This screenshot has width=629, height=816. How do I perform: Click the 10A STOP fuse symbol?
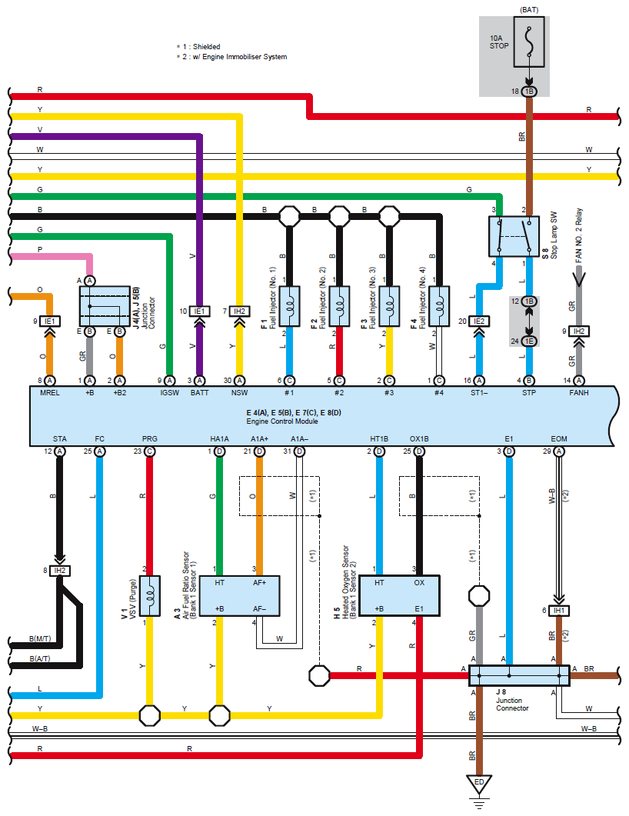coord(529,42)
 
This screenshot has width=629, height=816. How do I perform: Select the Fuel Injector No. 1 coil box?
coord(290,306)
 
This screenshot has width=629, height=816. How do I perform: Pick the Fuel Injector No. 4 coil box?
coord(439,306)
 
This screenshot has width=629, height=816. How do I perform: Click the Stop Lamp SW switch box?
coord(514,236)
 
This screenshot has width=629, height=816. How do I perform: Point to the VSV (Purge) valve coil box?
coord(150,596)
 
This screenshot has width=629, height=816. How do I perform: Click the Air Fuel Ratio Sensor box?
coord(239,596)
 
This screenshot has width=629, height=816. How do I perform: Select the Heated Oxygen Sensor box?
coord(400,596)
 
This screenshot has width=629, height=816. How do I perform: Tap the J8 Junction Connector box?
coord(519,675)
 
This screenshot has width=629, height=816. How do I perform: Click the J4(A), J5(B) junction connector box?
coord(105,306)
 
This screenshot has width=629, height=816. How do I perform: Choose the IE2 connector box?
coord(479,321)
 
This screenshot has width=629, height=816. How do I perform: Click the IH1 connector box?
coord(559,611)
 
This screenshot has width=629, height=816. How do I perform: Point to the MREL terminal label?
coord(50,393)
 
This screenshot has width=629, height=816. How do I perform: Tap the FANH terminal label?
coord(578,393)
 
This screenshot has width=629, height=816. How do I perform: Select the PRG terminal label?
coord(150,438)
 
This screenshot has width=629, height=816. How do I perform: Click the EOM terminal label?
coord(559,438)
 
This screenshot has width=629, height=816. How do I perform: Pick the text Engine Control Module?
coord(282,421)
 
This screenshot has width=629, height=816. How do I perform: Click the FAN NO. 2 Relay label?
coord(578,235)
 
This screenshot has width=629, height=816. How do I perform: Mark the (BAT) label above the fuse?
coord(529,10)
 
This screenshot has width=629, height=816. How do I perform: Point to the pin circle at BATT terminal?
coord(199,381)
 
